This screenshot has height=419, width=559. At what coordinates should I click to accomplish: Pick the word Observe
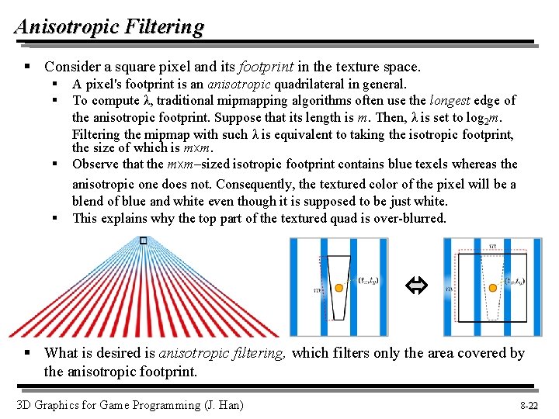(x=96, y=164)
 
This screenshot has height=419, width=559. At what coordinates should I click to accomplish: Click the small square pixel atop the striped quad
(x=143, y=241)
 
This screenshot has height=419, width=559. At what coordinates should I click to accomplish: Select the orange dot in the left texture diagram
(x=339, y=288)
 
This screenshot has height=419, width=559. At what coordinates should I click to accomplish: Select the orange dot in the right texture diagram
(x=491, y=288)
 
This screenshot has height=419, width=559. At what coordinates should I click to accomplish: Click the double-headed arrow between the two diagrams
(x=412, y=288)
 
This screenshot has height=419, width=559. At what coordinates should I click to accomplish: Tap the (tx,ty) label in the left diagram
(x=367, y=281)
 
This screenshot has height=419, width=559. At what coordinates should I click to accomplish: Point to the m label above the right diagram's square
(x=492, y=245)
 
